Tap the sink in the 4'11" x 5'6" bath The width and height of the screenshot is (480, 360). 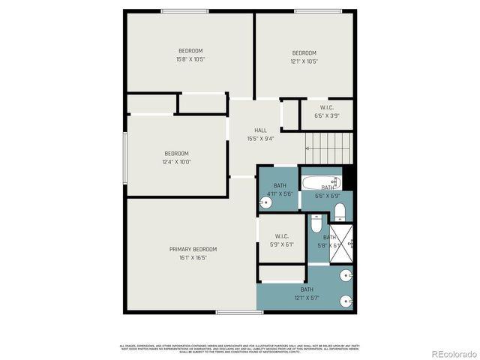click(265, 202)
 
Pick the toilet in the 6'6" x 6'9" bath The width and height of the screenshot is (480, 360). click(339, 209)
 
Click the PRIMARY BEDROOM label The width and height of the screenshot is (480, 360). click(193, 249)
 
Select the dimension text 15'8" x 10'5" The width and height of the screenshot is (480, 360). click(190, 58)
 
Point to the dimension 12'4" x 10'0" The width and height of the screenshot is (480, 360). click(176, 161)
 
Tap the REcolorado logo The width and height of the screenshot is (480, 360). click(453, 354)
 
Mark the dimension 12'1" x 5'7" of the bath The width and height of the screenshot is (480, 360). click(307, 298)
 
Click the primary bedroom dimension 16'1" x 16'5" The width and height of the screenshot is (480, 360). click(193, 257)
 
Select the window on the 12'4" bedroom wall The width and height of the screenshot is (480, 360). click(125, 158)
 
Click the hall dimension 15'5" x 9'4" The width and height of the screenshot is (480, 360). click(260, 139)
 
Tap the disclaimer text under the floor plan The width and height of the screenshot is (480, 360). click(239, 347)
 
